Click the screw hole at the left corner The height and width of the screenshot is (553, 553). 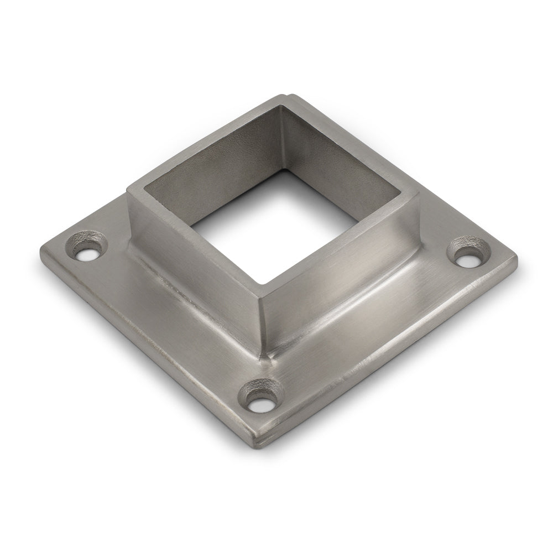[88, 255]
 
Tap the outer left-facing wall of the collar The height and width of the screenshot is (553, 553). [194, 254]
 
